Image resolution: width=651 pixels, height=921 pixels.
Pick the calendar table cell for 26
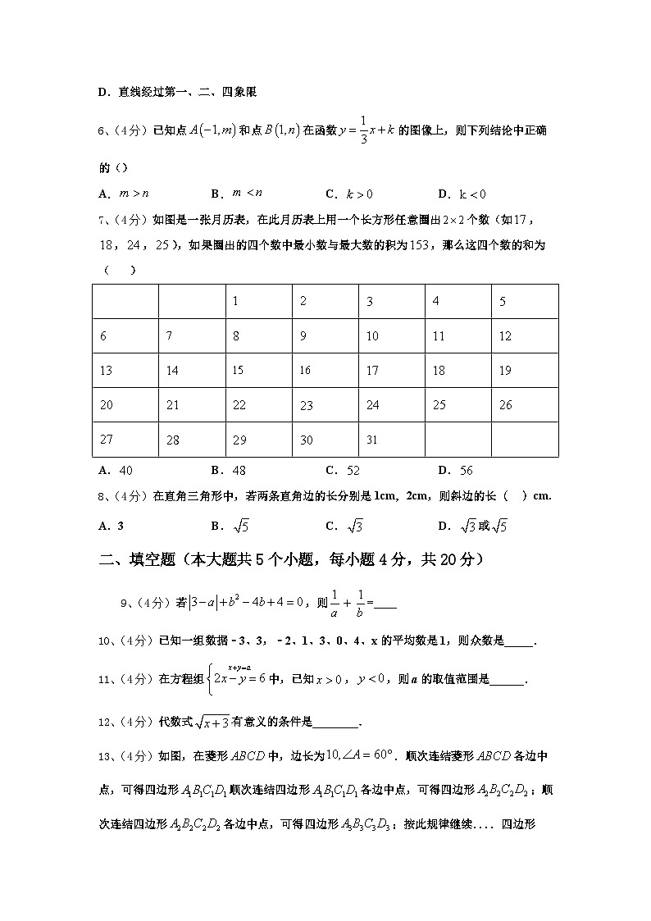[x=525, y=404]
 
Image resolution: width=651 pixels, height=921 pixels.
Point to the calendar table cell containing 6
[x=125, y=335]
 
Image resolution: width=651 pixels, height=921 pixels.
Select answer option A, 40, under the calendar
[x=116, y=471]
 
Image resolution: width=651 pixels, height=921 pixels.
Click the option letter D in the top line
[x=103, y=93]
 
